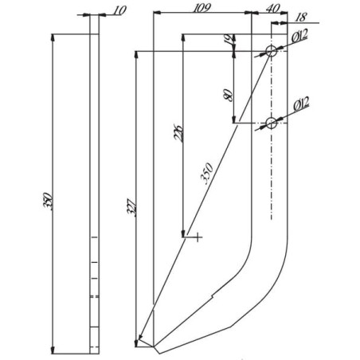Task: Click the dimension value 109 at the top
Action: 202,8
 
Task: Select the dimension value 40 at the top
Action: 272,8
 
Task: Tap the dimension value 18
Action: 301,18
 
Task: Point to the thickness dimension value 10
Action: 119,10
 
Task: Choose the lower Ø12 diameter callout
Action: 302,104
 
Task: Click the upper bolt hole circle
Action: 272,51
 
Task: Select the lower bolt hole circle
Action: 271,123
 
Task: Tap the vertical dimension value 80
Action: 229,95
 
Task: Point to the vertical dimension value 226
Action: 178,132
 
